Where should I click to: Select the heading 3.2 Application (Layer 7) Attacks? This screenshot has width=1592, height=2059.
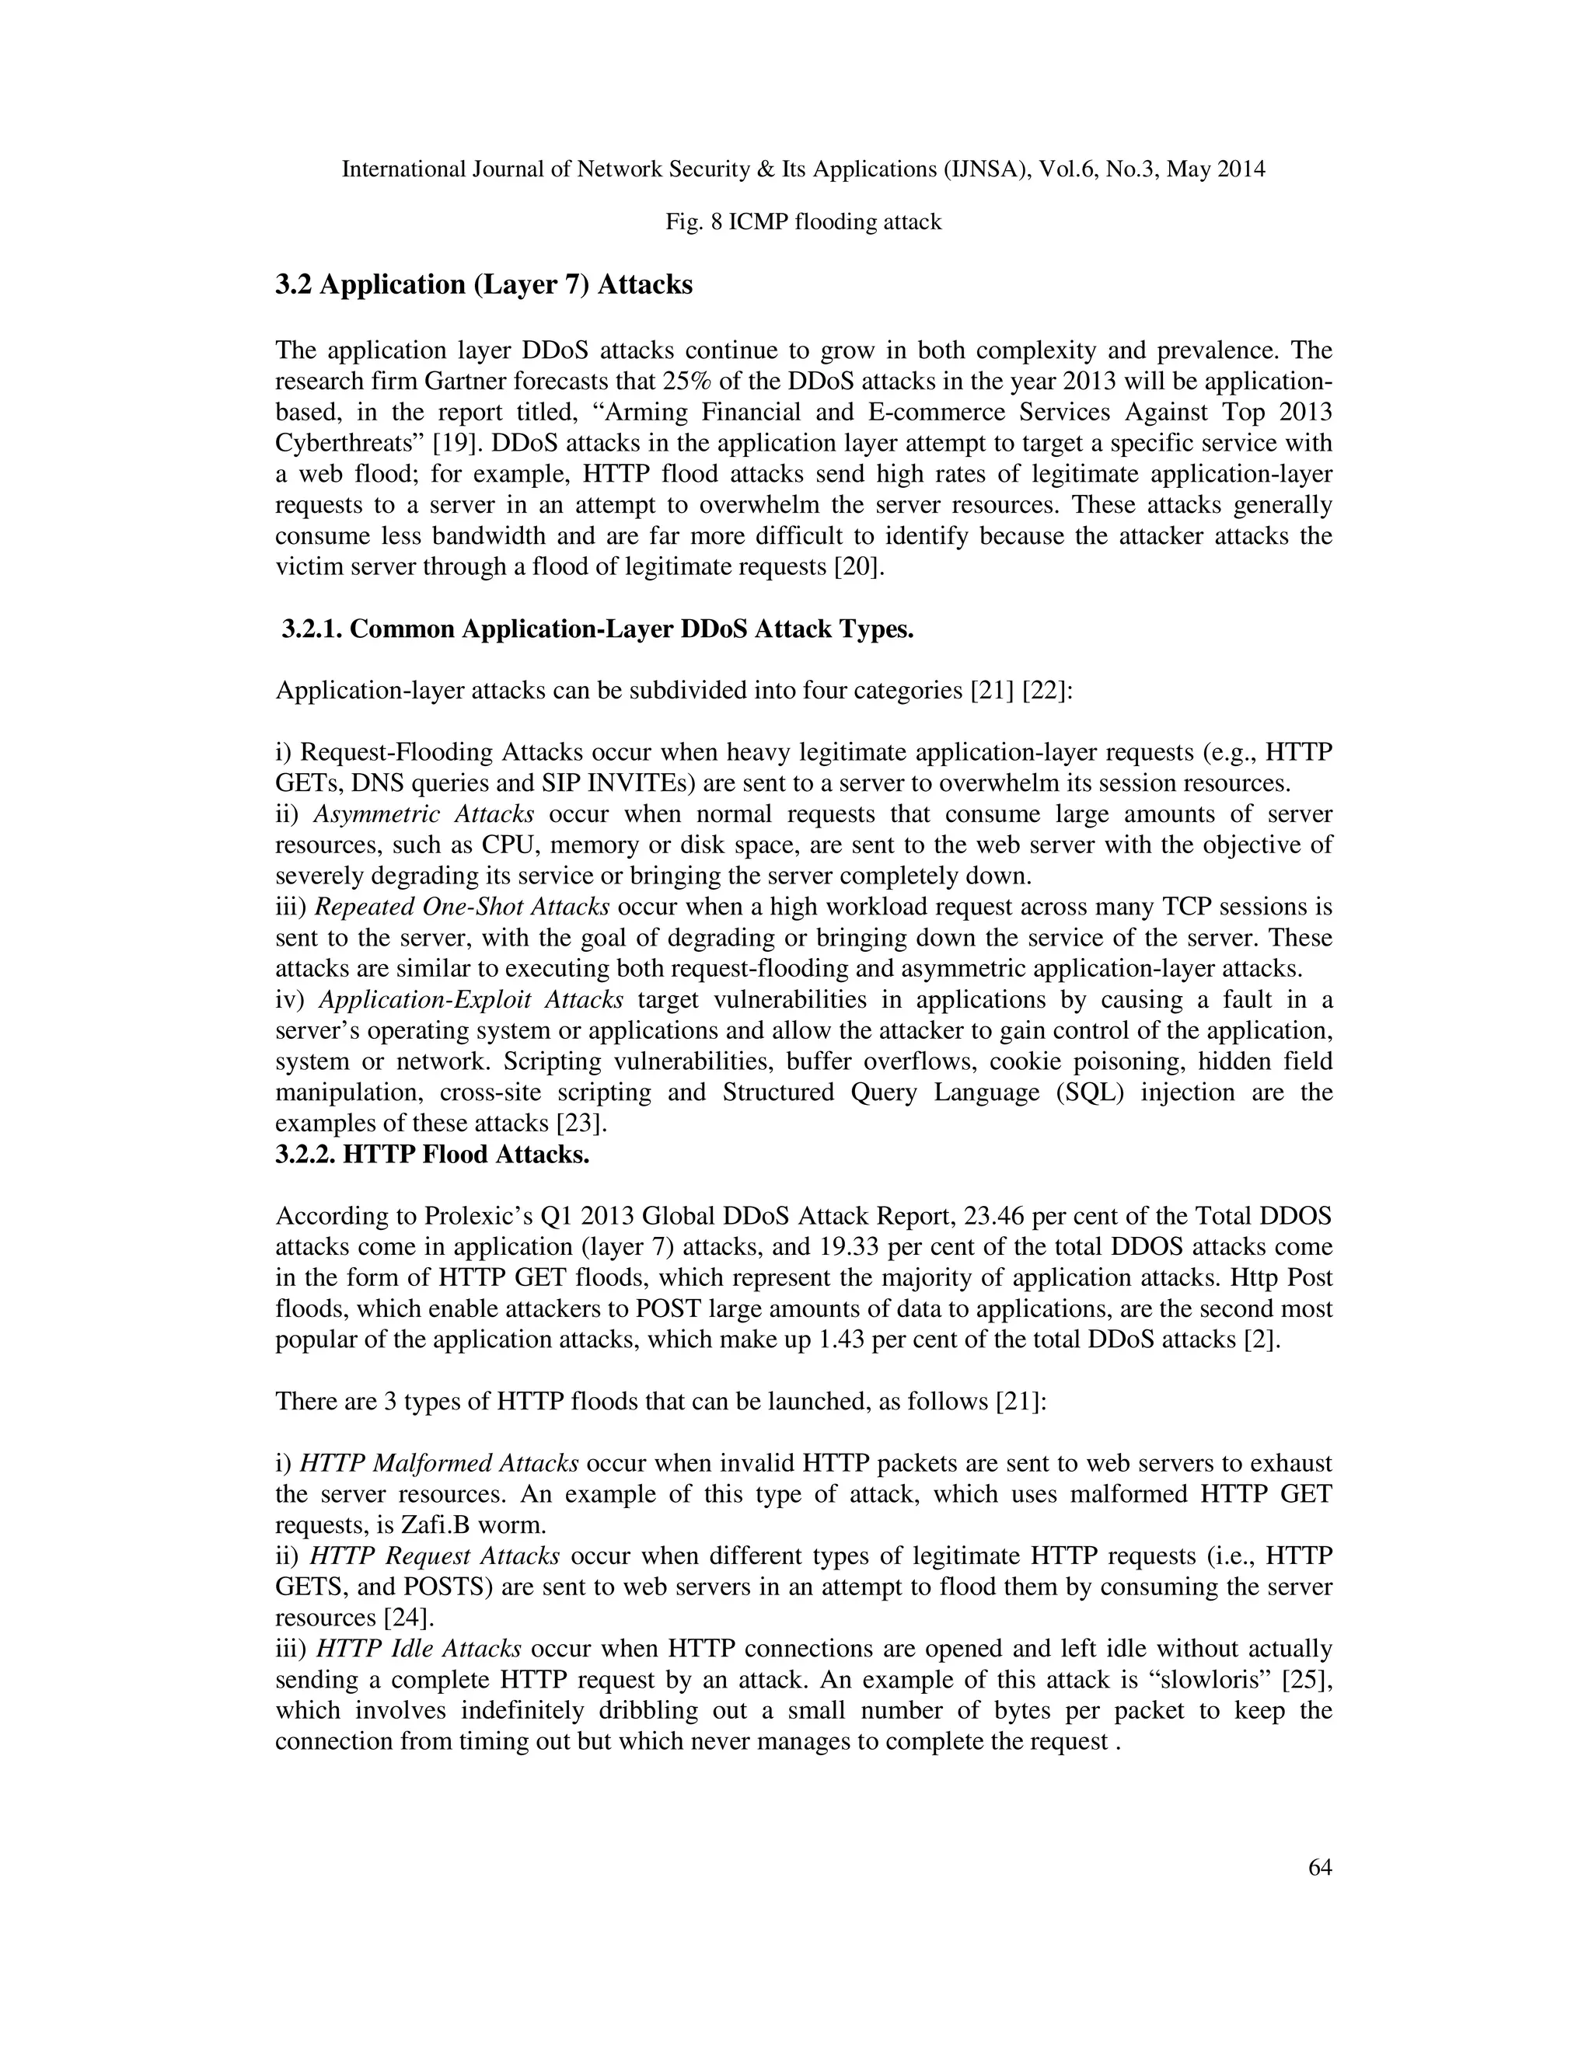click(x=484, y=284)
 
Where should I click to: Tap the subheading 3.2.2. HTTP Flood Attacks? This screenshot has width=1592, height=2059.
click(x=432, y=1154)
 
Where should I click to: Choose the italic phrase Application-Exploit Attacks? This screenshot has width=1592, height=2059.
click(x=470, y=999)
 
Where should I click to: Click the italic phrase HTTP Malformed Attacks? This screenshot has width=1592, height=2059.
click(x=438, y=1463)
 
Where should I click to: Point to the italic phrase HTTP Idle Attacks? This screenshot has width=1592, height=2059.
click(x=417, y=1649)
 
